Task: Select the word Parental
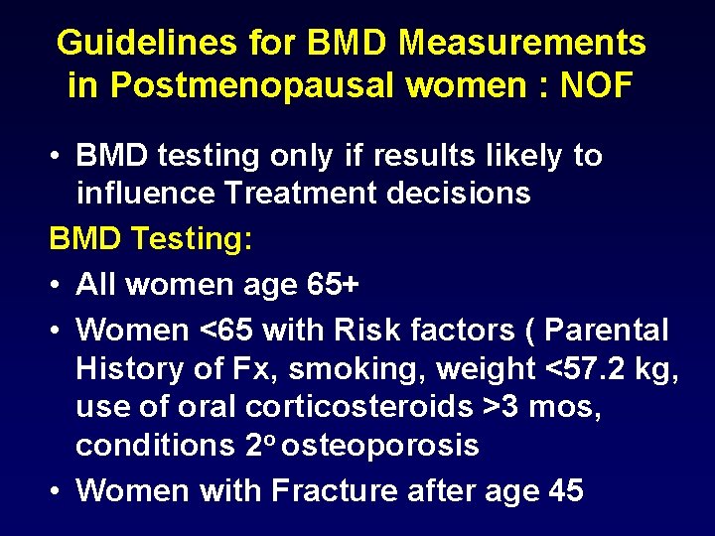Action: pos(608,329)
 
